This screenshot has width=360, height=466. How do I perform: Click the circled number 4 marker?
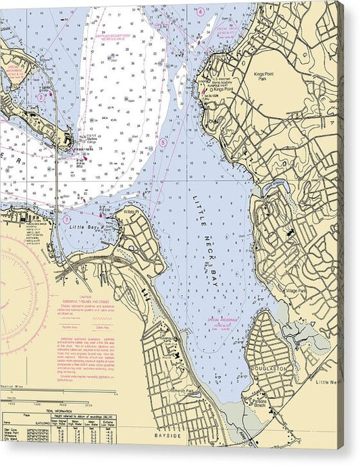coord(200,11)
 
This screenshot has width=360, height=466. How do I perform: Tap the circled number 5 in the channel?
coord(163,143)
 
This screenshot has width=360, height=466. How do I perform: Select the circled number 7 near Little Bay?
coord(66,219)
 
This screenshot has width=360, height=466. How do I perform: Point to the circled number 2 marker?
coord(41,97)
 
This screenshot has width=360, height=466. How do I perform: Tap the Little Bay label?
coord(83,228)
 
